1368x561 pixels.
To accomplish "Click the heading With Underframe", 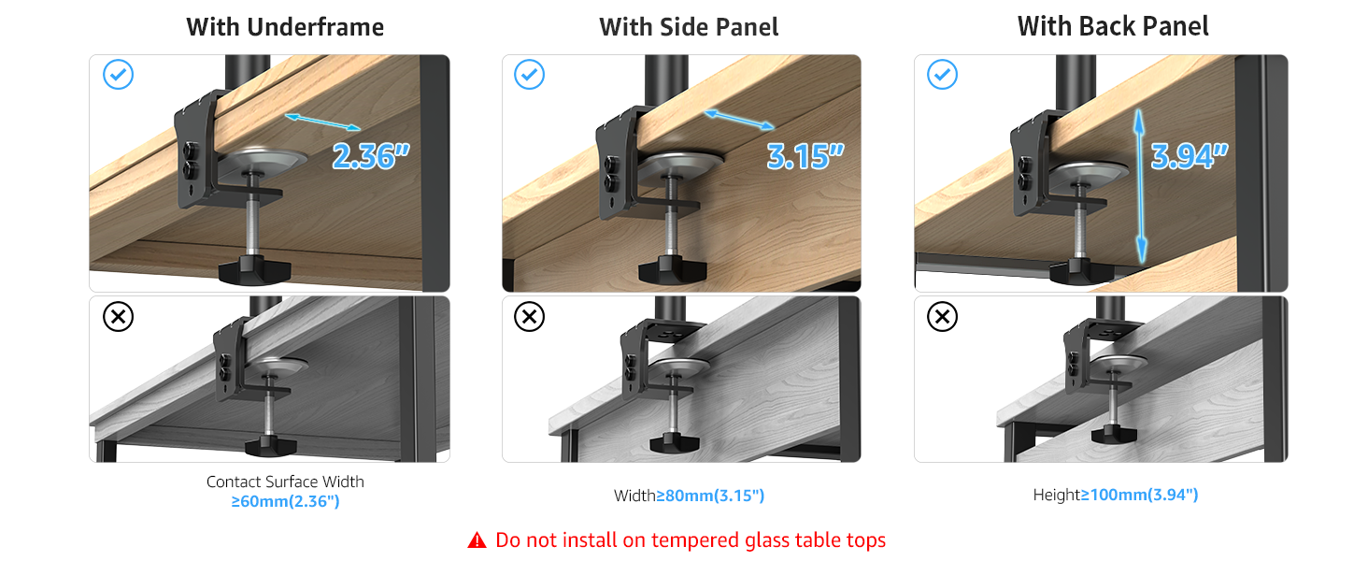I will (285, 27).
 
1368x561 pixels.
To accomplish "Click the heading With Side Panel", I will (689, 27).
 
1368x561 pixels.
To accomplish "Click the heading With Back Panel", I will (1113, 26).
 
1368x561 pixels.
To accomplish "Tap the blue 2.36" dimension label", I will (371, 156).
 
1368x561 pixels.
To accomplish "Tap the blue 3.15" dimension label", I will (805, 156).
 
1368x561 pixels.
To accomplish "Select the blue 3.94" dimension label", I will (1189, 156).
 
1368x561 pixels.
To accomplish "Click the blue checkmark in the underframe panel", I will (118, 75).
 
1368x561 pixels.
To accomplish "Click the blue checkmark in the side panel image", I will (530, 75).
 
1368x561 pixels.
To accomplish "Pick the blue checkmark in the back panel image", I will (942, 75).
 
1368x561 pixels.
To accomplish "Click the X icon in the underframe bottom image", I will (118, 317).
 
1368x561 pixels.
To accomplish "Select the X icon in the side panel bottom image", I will (530, 317).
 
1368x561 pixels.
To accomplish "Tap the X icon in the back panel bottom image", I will (942, 317).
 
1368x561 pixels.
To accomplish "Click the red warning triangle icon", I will (477, 540).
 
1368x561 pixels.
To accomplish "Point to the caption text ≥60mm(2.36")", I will (285, 501).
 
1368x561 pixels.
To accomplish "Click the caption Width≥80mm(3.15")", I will (689, 496).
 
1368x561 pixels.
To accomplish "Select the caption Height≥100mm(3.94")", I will (1115, 495).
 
